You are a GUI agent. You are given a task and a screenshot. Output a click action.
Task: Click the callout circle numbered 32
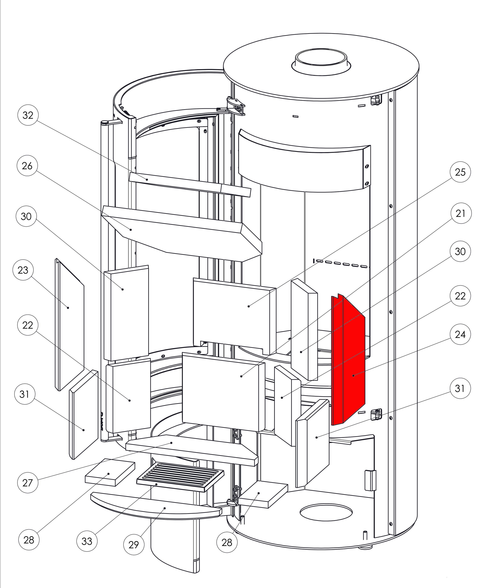pos(28,115)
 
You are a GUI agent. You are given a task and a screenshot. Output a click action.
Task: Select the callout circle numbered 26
pos(27,166)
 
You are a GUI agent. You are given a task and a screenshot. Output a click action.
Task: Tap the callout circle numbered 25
pos(460,172)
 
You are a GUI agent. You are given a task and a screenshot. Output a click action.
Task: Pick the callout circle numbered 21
pos(460,213)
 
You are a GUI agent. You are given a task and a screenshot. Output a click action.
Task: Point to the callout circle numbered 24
pos(460,334)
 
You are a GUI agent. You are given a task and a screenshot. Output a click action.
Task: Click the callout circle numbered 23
pos(23,270)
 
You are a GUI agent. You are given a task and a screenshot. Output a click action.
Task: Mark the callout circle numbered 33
pos(87,541)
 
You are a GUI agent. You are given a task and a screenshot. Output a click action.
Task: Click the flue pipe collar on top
pos(321,62)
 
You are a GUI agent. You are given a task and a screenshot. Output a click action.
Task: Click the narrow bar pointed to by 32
pos(187,184)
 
